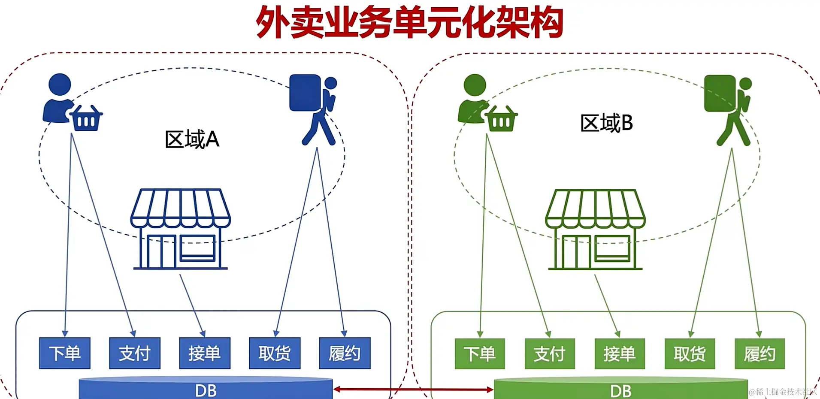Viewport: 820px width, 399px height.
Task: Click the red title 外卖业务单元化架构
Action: pyautogui.click(x=409, y=22)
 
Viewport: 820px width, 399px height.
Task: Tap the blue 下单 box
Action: pyautogui.click(x=65, y=353)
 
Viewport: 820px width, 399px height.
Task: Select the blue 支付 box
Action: pyautogui.click(x=135, y=353)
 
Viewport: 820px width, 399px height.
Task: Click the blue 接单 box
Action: pyautogui.click(x=205, y=353)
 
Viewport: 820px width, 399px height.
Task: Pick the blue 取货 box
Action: pyautogui.click(x=275, y=353)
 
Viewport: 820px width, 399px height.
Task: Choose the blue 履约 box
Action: pyautogui.click(x=345, y=353)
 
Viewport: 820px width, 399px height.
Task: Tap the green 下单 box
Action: pyautogui.click(x=480, y=354)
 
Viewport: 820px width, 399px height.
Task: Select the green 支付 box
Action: pyautogui.click(x=550, y=354)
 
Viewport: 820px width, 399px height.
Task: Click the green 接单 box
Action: pyautogui.click(x=620, y=354)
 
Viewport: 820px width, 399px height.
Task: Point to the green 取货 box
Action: pyautogui.click(x=690, y=354)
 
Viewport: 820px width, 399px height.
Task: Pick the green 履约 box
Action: pyautogui.click(x=759, y=354)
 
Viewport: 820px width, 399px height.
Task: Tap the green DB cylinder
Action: pyautogui.click(x=620, y=390)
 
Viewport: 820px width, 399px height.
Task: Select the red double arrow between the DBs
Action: pyautogui.click(x=413, y=390)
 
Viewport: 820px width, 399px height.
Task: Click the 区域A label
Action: pyautogui.click(x=192, y=139)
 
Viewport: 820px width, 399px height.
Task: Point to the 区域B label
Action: pyautogui.click(x=606, y=123)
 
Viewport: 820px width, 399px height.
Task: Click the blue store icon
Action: pyautogui.click(x=180, y=229)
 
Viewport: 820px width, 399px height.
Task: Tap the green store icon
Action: pyautogui.click(x=595, y=229)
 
